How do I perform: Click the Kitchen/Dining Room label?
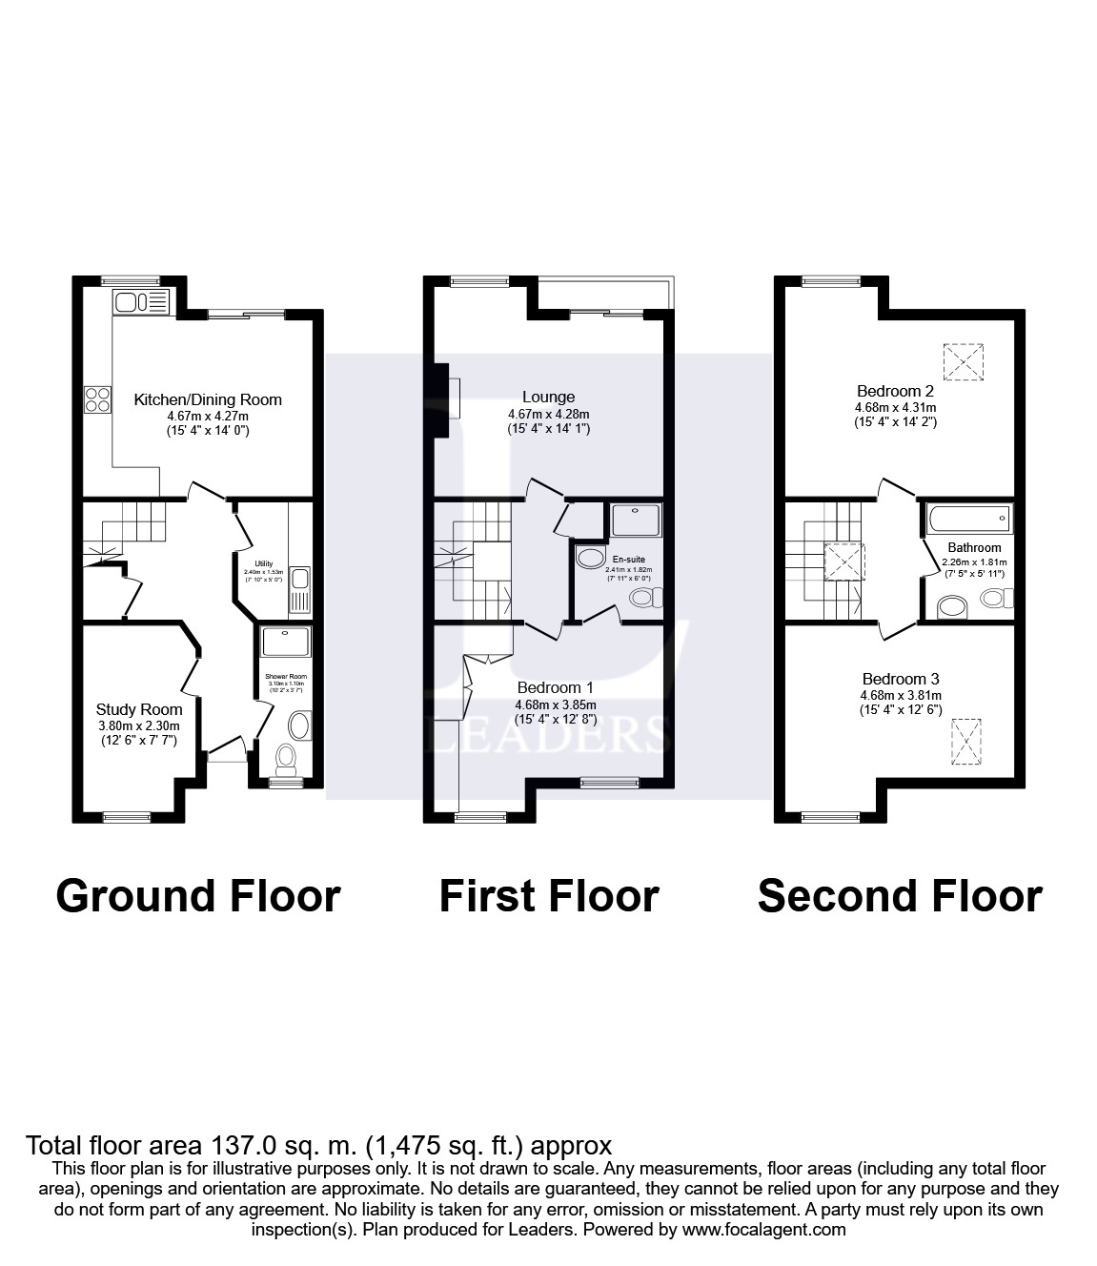[207, 399]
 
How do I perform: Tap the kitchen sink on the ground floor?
[140, 303]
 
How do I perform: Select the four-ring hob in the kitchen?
[97, 398]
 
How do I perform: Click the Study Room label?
[139, 709]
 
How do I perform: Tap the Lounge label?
[548, 397]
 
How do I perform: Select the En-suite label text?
[628, 560]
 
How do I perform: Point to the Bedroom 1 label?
[555, 687]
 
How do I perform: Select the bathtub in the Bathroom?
[967, 520]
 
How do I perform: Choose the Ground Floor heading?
[198, 896]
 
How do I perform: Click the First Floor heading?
[549, 896]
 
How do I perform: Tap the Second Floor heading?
[900, 896]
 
